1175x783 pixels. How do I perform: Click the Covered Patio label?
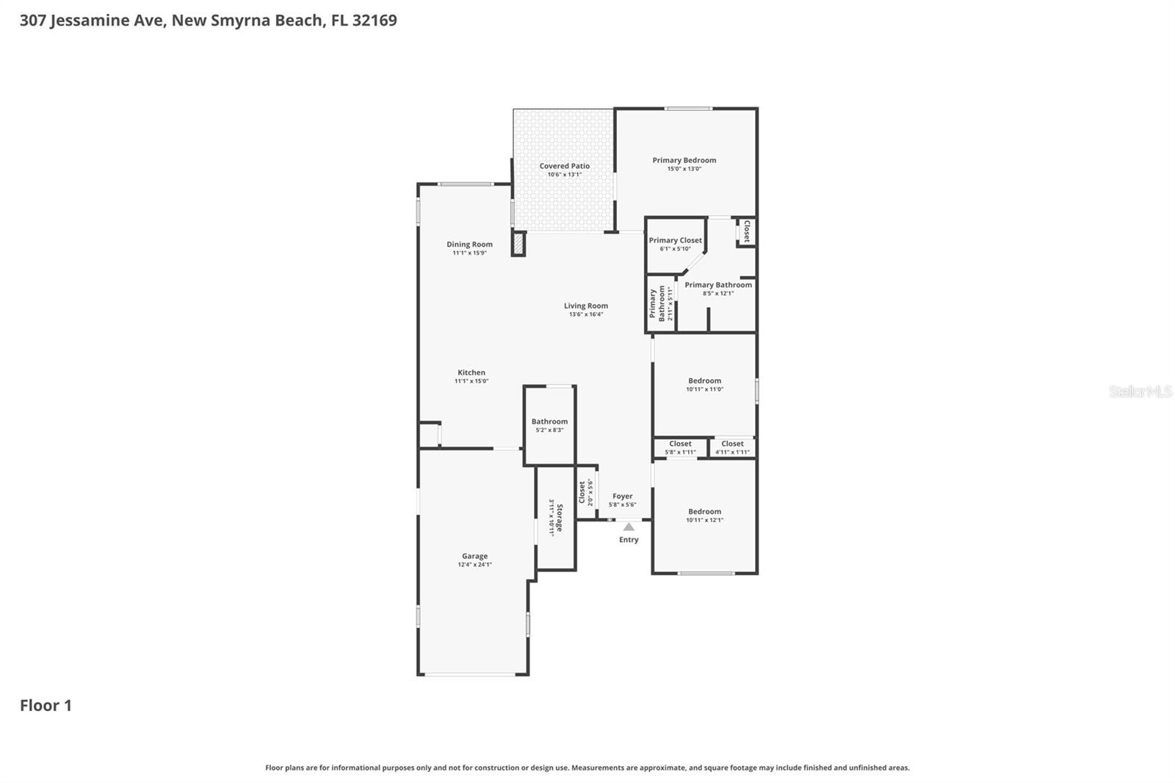click(564, 166)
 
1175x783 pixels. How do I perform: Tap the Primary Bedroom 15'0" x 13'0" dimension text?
click(684, 169)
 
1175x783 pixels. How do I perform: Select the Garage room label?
click(474, 556)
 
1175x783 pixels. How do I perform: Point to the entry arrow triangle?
click(629, 527)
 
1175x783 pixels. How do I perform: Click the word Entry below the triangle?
click(629, 540)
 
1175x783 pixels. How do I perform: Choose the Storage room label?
click(559, 518)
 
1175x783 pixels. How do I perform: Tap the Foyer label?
click(622, 497)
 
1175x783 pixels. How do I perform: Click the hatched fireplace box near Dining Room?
click(518, 244)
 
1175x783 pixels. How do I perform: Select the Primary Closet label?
click(675, 240)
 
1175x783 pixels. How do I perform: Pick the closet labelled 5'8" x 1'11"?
click(680, 447)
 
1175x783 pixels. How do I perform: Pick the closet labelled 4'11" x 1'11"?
click(732, 447)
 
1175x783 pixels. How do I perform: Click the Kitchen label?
click(471, 372)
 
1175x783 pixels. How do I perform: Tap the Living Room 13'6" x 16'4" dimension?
click(585, 314)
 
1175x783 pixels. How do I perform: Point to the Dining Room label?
click(469, 245)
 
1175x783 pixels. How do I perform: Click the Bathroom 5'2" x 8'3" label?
click(549, 425)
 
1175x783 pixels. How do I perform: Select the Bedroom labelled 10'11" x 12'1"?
click(704, 515)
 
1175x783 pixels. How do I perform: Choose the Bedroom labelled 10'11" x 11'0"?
click(704, 384)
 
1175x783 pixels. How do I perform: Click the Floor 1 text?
click(46, 706)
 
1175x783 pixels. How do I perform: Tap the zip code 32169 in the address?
click(375, 20)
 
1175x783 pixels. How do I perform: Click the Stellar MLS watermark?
click(1140, 391)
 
